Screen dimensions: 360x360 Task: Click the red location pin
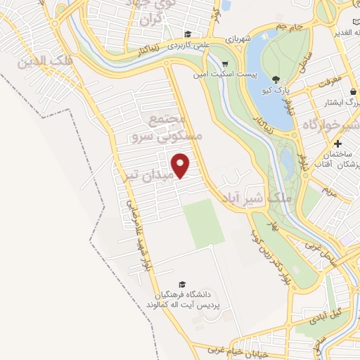click(x=181, y=165)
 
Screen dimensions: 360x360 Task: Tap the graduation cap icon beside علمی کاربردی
click(x=188, y=34)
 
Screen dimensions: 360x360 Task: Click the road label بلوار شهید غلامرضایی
click(x=139, y=233)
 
